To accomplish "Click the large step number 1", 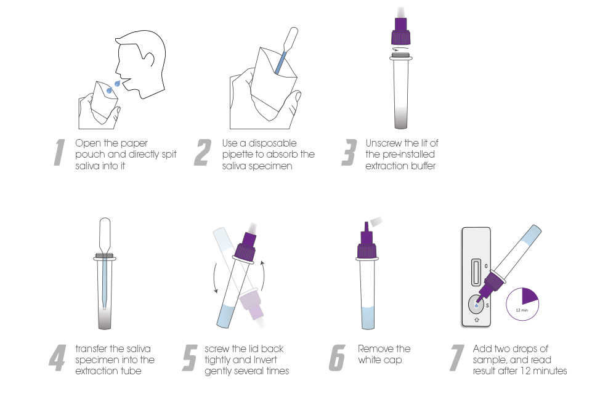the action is [x=59, y=152].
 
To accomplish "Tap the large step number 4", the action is [x=57, y=358].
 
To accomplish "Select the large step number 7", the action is [x=458, y=358].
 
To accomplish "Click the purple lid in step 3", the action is [x=401, y=31].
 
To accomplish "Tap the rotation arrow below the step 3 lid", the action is [x=401, y=49].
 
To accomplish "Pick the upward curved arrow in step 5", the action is [x=263, y=275].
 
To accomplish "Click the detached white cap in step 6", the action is [x=376, y=222].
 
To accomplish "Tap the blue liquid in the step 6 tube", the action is [x=368, y=318].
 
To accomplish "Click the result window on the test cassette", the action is [x=476, y=271].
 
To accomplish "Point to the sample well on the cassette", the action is [x=477, y=305].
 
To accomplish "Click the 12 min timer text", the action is [x=522, y=310].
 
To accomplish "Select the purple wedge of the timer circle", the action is [x=529, y=296].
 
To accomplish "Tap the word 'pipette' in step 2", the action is [x=238, y=155].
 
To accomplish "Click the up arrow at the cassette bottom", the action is [x=477, y=320].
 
